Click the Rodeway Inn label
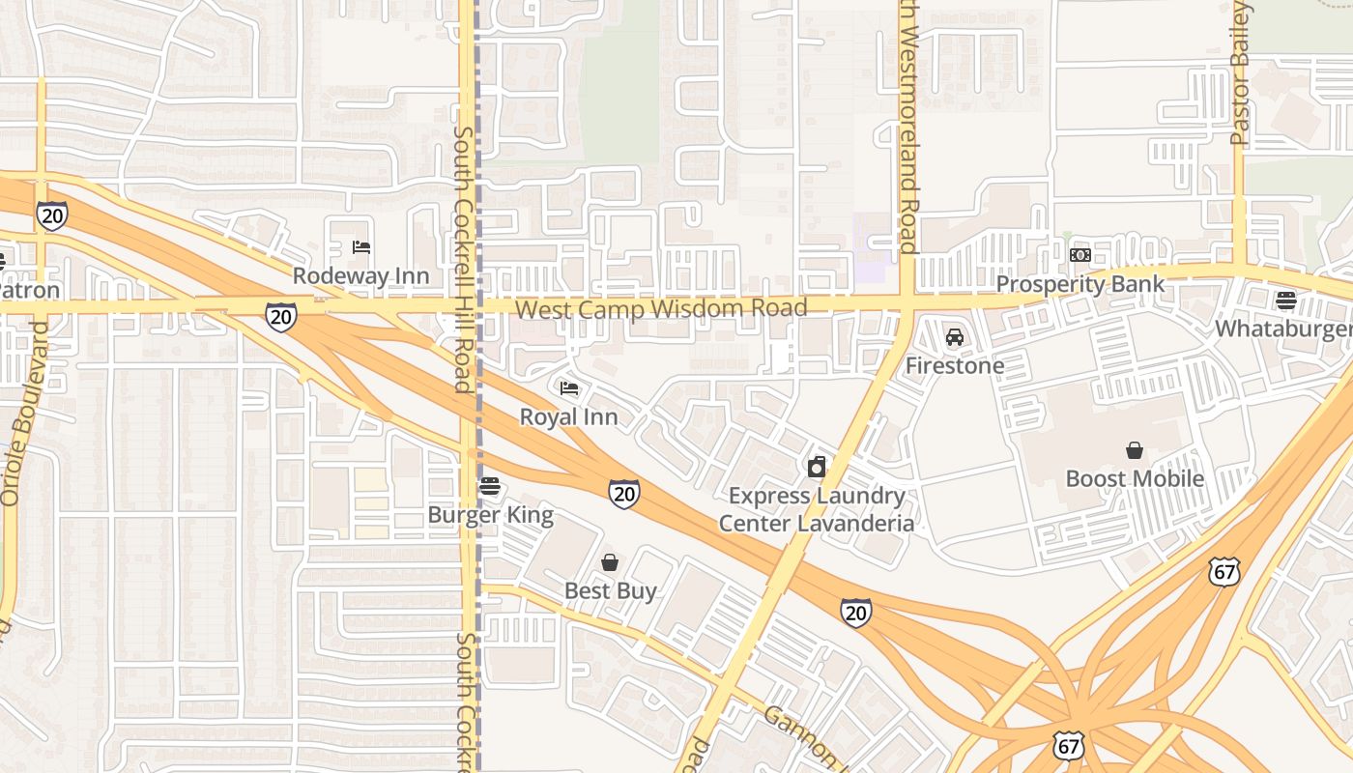(360, 276)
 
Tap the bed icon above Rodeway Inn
(361, 247)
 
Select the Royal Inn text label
(568, 417)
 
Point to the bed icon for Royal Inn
(569, 388)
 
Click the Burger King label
(490, 515)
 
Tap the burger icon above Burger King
(490, 486)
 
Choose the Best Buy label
(610, 590)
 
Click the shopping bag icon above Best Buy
(610, 562)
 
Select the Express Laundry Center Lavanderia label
(817, 510)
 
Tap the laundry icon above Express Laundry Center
(817, 468)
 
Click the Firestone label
(954, 366)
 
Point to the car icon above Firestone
(955, 337)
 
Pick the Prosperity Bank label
(1080, 284)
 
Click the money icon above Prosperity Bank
(1080, 255)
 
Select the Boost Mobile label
(1135, 479)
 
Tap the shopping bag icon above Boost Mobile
(1135, 450)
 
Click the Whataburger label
(1282, 329)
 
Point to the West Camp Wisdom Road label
(661, 309)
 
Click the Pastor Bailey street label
(1241, 73)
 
